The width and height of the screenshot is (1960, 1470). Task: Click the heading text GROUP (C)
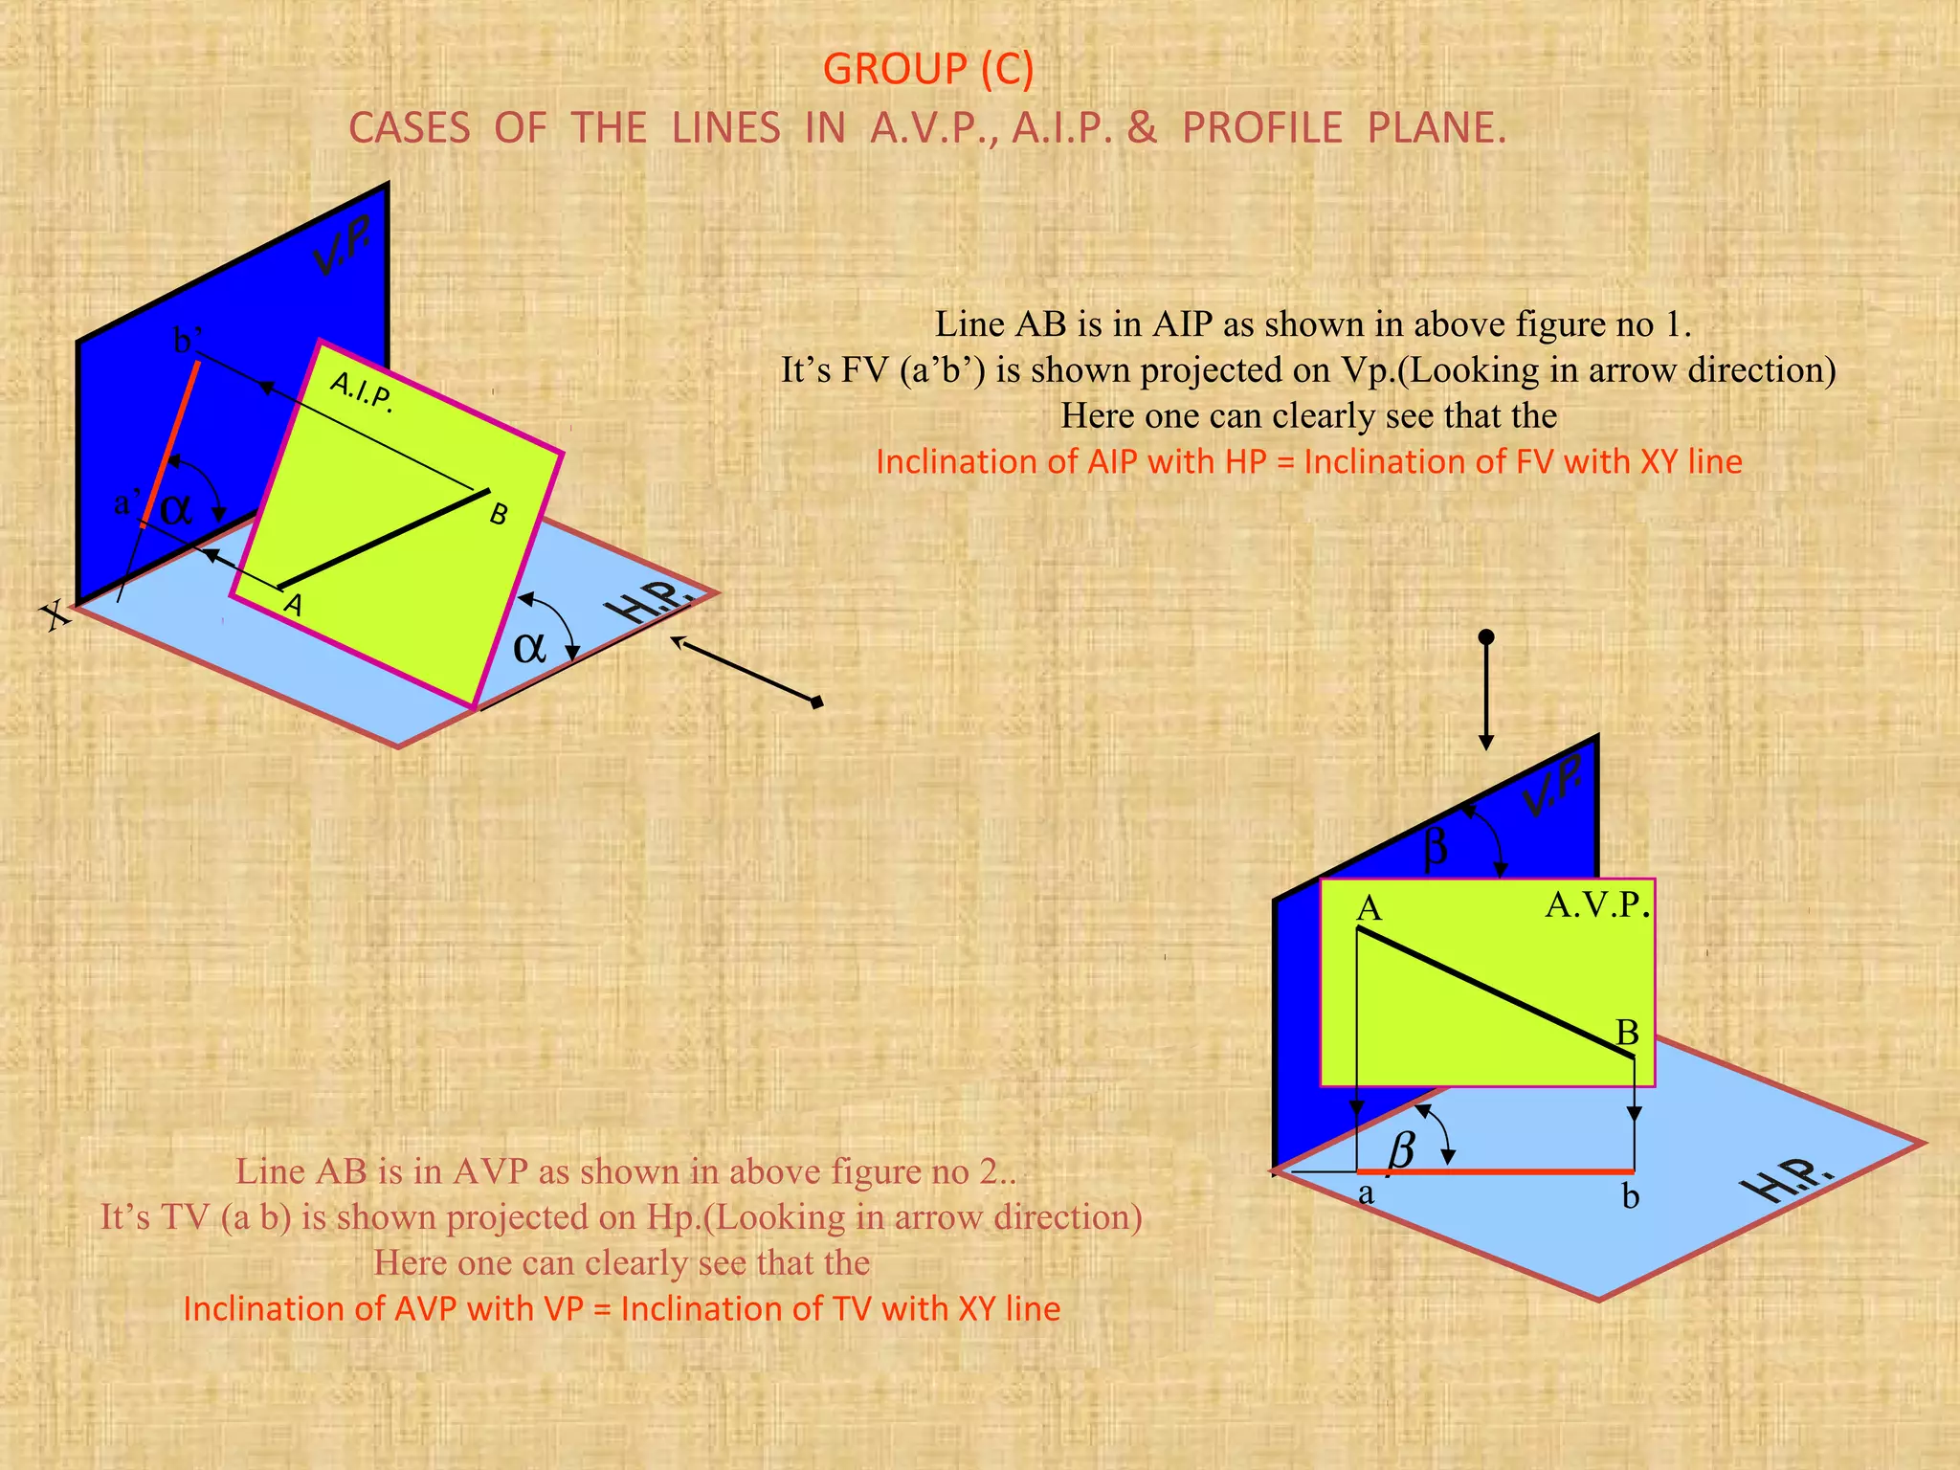pyautogui.click(x=927, y=70)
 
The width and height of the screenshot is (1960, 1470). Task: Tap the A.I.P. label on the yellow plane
pyautogui.click(x=361, y=391)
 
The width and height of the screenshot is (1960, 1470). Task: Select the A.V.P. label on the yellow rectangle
pyautogui.click(x=1597, y=904)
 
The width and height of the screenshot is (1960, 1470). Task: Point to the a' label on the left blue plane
pyautogui.click(x=126, y=502)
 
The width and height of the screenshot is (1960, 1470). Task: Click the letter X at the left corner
pyautogui.click(x=57, y=615)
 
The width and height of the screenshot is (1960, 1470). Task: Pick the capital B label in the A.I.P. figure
pyautogui.click(x=498, y=515)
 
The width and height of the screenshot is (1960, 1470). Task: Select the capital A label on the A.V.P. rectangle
pyautogui.click(x=1370, y=908)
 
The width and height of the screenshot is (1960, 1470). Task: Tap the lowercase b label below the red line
pyautogui.click(x=1631, y=1196)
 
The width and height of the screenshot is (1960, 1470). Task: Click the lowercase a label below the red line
pyautogui.click(x=1366, y=1193)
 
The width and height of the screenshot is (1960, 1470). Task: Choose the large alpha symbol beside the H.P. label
pyautogui.click(x=529, y=648)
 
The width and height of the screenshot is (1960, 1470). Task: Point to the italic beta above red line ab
pyautogui.click(x=1401, y=1147)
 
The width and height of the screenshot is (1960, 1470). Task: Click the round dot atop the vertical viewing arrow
pyautogui.click(x=1486, y=637)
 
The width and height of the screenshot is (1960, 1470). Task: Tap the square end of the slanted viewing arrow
pyautogui.click(x=816, y=703)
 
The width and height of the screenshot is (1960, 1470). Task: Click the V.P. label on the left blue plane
pyautogui.click(x=343, y=247)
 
